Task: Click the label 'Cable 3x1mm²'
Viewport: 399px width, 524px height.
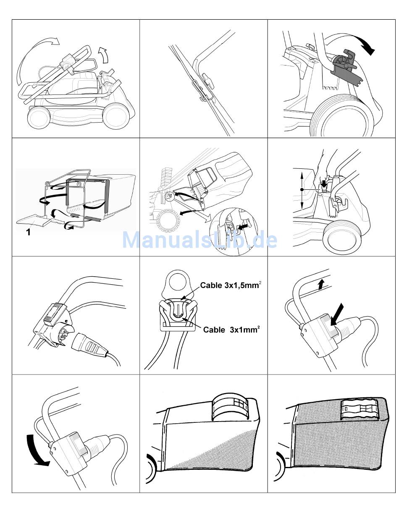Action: tap(231, 330)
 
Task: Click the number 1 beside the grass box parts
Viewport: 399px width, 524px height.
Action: tap(28, 231)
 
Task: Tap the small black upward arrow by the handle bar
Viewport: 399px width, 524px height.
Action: tap(320, 285)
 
